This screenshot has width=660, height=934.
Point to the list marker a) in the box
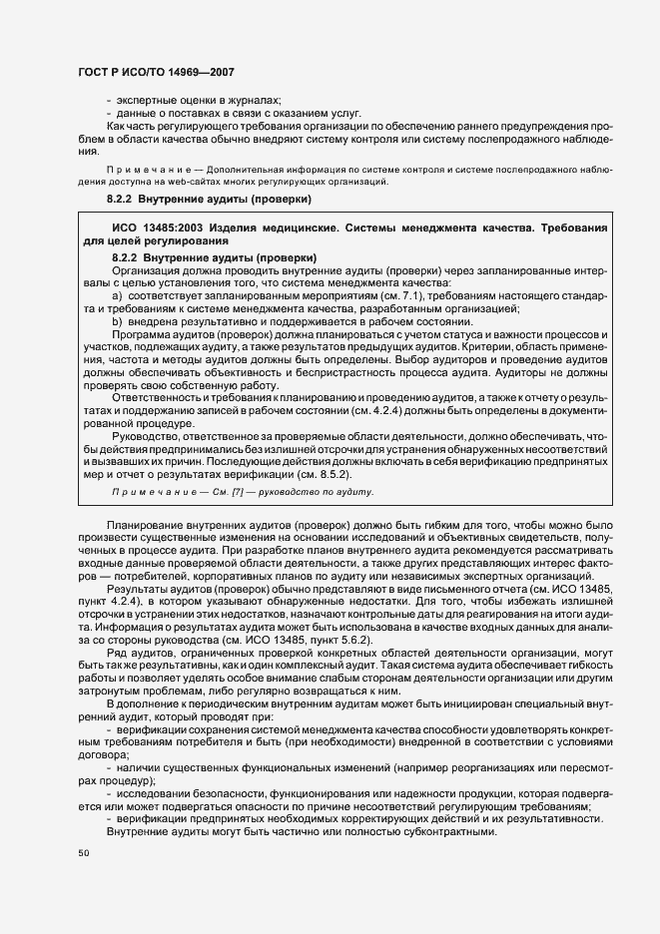117,296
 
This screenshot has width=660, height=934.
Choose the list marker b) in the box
117,321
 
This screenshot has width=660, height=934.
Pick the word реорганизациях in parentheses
469,766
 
